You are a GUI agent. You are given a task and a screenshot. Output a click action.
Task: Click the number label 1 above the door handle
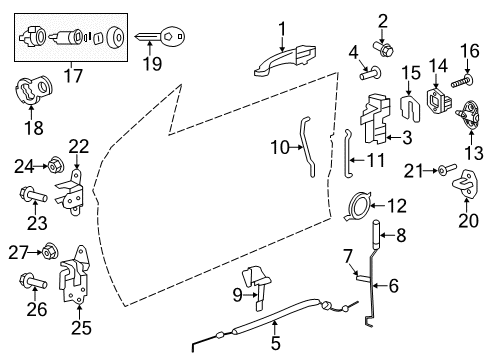(x=282, y=28)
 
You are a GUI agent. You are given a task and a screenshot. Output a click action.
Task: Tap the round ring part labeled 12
(x=355, y=207)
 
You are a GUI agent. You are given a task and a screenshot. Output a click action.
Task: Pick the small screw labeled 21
(x=440, y=172)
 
